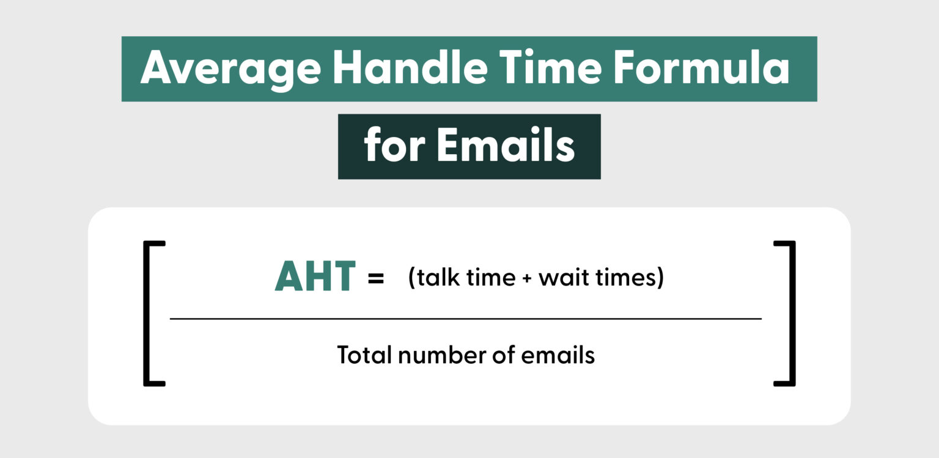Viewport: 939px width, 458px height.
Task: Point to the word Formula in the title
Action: tap(702, 68)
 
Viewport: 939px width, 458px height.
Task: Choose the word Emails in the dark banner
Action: tap(506, 147)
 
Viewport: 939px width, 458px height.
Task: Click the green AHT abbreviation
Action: tap(315, 278)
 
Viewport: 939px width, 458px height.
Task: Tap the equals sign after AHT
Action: tap(375, 279)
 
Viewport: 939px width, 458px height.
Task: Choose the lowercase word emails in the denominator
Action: tap(556, 355)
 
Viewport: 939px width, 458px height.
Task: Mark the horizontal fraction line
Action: tap(465, 319)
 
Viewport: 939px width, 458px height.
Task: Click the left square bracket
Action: tap(147, 314)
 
